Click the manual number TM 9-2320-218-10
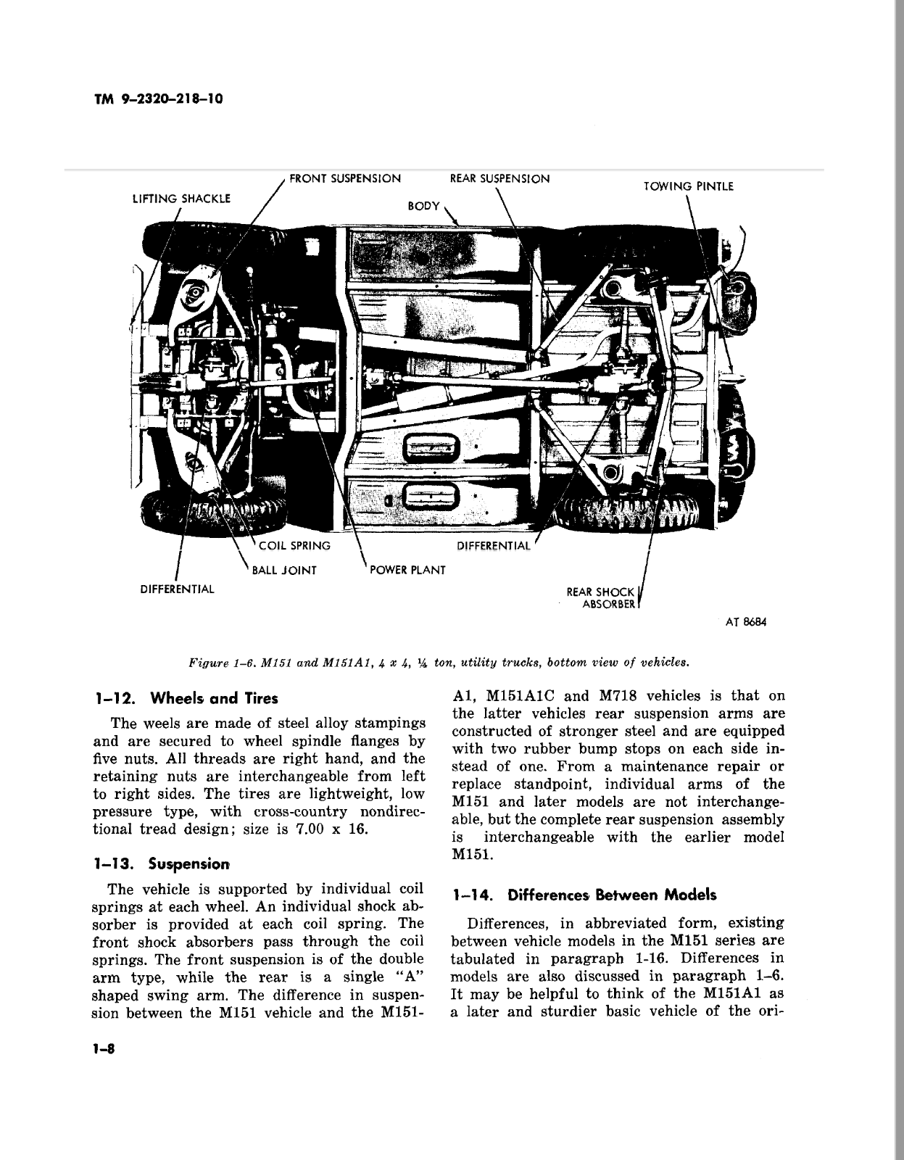click(157, 99)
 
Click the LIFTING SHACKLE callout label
click(181, 199)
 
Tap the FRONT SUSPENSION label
click(345, 178)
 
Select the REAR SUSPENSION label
click(499, 178)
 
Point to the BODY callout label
click(423, 206)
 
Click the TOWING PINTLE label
click(689, 186)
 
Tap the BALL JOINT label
click(284, 570)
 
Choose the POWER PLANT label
click(407, 570)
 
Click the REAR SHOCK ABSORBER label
click(602, 598)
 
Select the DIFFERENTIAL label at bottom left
click(178, 589)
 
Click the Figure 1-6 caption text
click(438, 663)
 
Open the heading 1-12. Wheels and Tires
click(186, 699)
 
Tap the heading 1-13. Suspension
click(162, 864)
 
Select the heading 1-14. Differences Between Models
click(584, 895)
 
